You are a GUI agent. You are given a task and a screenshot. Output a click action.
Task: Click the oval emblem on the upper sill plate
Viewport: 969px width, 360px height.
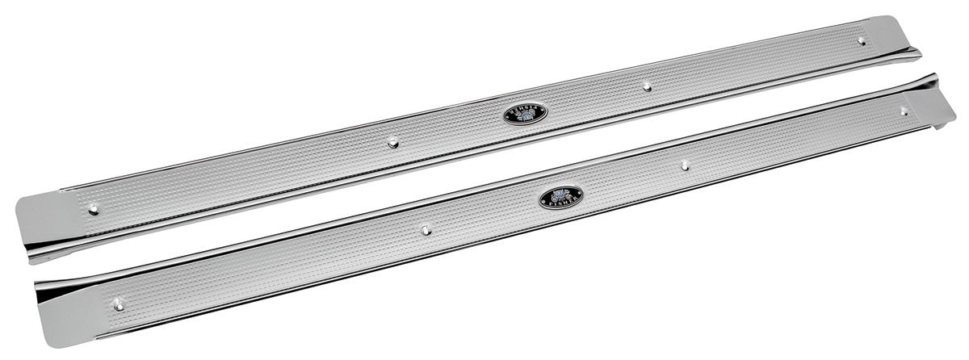click(x=525, y=114)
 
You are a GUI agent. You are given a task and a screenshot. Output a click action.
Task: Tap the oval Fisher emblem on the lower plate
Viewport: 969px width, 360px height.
click(x=561, y=196)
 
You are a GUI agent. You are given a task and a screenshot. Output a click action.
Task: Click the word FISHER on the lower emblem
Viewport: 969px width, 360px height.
click(x=561, y=203)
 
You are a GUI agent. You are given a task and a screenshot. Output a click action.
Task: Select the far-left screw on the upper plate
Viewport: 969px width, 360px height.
click(x=94, y=209)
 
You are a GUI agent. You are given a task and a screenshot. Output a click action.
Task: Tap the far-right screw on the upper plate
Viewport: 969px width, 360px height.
click(x=862, y=40)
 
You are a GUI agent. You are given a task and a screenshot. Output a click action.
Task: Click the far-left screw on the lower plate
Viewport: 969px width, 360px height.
click(x=119, y=304)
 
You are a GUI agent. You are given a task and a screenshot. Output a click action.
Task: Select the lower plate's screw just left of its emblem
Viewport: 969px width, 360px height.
click(x=426, y=229)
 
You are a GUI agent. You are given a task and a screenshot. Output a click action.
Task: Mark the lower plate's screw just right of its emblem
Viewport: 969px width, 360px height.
click(x=684, y=165)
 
